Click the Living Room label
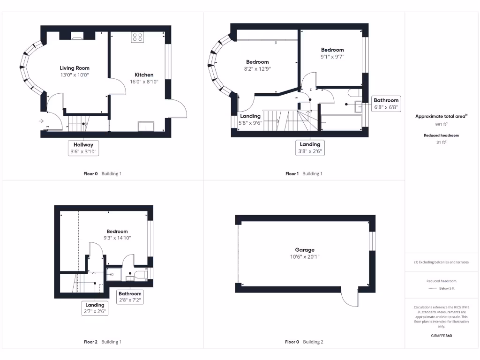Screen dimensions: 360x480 pyautogui.click(x=74, y=68)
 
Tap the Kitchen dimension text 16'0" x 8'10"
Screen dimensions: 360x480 pyautogui.click(x=144, y=82)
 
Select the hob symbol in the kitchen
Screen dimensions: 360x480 pyautogui.click(x=137, y=37)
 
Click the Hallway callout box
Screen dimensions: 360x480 pyautogui.click(x=83, y=148)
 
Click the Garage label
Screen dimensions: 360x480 pyautogui.click(x=305, y=250)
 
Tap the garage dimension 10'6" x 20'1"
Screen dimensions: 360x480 pyautogui.click(x=305, y=257)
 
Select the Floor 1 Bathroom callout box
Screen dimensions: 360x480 pyautogui.click(x=386, y=104)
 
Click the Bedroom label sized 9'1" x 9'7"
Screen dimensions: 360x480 pyautogui.click(x=332, y=50)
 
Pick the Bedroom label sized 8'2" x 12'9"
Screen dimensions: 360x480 pyautogui.click(x=257, y=62)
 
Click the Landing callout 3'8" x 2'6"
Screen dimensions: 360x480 pyautogui.click(x=310, y=148)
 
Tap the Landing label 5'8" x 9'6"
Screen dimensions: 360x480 pyautogui.click(x=250, y=116)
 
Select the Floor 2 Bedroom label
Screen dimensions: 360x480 pyautogui.click(x=117, y=231)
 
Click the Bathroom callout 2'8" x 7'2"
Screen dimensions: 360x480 pyautogui.click(x=130, y=297)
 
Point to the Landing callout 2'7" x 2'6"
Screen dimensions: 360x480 pyautogui.click(x=95, y=308)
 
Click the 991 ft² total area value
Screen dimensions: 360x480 pyautogui.click(x=442, y=125)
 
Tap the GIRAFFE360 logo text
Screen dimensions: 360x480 pyautogui.click(x=442, y=336)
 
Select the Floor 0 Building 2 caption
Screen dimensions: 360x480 pyautogui.click(x=304, y=342)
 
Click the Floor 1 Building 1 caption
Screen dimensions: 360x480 pyautogui.click(x=304, y=173)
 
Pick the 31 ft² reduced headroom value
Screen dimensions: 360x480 pyautogui.click(x=442, y=142)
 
